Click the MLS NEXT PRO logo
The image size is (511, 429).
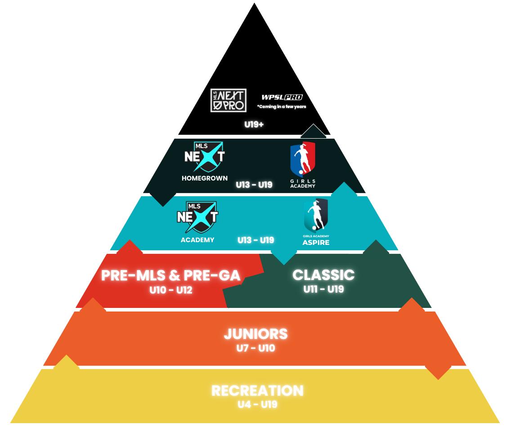coord(229,100)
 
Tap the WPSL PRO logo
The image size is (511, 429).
coord(282,97)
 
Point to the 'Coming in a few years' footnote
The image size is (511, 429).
coord(282,107)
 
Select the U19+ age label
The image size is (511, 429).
coord(254,124)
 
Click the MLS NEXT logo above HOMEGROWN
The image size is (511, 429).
coord(205,157)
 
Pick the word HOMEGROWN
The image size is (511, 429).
coord(205,178)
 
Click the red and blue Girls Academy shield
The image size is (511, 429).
coord(303,159)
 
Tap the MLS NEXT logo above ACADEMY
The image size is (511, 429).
coord(197,217)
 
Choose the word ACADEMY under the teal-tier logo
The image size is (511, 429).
coord(197,240)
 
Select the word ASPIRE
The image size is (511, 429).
coord(316,243)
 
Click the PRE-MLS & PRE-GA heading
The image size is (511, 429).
coord(170,275)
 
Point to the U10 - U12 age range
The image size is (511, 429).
coord(171,290)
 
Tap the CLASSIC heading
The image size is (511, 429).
coord(323,275)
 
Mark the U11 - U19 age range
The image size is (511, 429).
coord(324,289)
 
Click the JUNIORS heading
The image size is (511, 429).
coord(255,334)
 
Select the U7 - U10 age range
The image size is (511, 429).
coord(255,348)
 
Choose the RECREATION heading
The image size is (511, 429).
coord(257,390)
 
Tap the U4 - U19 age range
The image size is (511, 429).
coord(257,404)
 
